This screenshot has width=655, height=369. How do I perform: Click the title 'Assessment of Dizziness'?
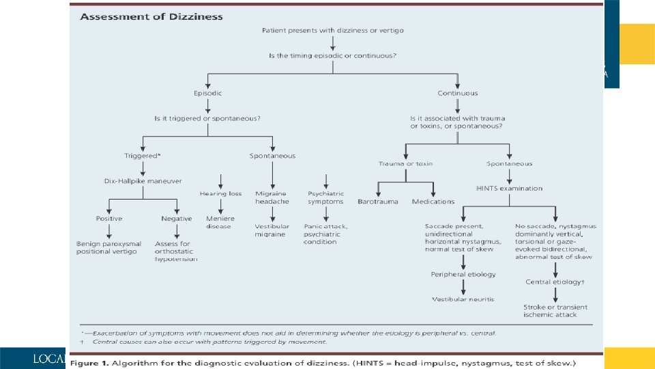[151, 16]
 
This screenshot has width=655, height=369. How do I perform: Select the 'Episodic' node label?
[207, 93]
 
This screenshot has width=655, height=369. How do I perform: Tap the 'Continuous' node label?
[458, 93]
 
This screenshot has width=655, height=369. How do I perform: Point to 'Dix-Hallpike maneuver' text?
[143, 180]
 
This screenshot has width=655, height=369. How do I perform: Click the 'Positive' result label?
[109, 219]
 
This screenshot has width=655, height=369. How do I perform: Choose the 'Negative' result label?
[177, 219]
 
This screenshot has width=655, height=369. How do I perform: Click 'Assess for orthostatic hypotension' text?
[176, 251]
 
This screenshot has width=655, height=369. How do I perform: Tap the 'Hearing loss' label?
[221, 194]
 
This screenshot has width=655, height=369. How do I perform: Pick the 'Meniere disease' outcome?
[220, 223]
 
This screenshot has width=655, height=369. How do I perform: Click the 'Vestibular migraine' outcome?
[272, 230]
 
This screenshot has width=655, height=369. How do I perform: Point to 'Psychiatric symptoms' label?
[326, 197]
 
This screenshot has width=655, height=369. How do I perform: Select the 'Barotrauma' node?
[378, 202]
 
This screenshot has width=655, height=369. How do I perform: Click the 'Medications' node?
[433, 202]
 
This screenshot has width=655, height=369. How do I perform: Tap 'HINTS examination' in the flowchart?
[509, 188]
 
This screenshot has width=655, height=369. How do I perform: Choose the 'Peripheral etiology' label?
[463, 275]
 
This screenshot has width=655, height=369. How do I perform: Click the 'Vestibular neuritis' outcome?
[463, 299]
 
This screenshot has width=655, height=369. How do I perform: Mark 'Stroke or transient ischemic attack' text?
[555, 311]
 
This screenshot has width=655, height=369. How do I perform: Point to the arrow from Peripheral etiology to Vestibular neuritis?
[463, 287]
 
